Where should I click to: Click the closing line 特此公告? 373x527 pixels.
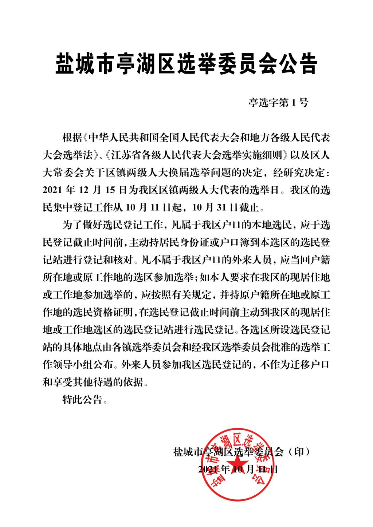click(83, 400)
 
